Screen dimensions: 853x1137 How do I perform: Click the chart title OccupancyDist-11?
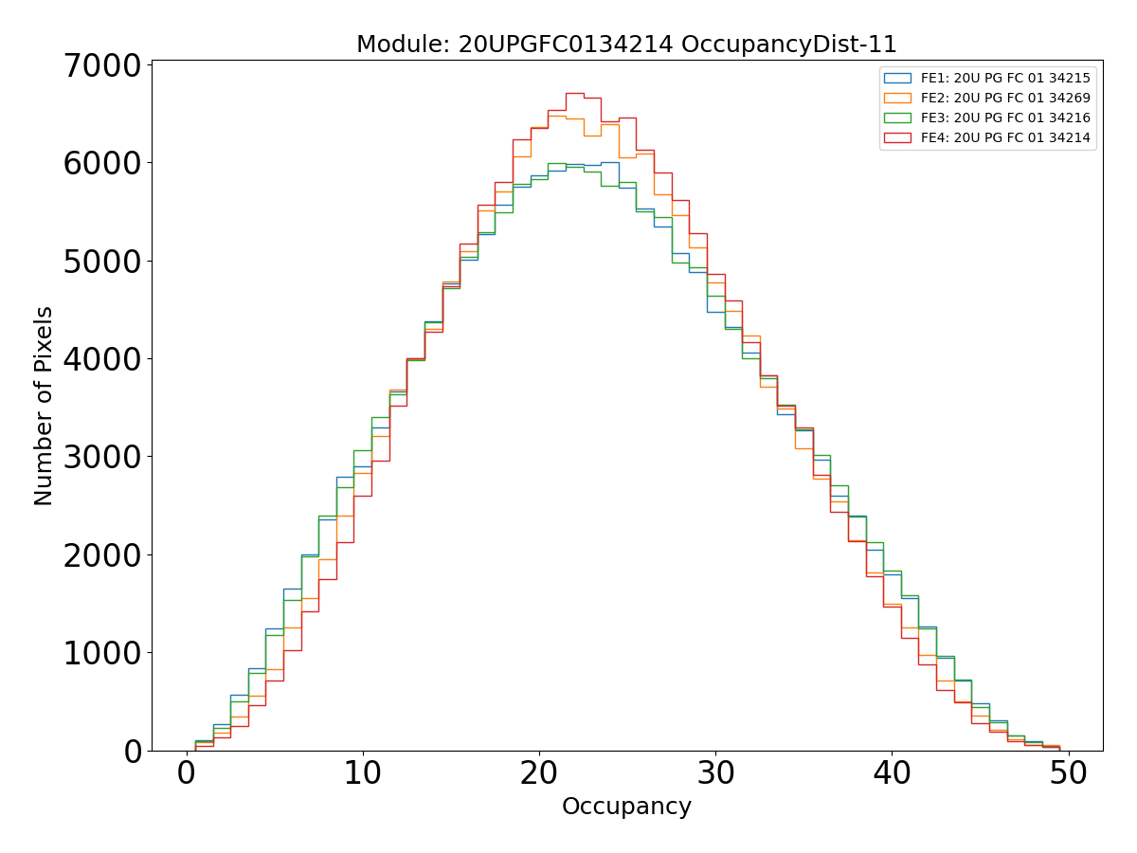[x=626, y=45]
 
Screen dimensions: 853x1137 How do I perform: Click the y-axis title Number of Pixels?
[x=44, y=406]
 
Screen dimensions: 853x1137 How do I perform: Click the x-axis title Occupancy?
[x=626, y=807]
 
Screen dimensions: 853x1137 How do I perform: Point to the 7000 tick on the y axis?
[x=102, y=65]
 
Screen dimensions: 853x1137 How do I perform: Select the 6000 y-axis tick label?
[x=102, y=163]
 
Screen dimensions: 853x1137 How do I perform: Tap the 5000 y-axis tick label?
[x=102, y=262]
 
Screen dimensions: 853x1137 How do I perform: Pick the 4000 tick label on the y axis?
[x=102, y=359]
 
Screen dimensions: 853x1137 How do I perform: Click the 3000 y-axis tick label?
[x=102, y=457]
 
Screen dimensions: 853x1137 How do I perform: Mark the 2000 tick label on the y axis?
[x=102, y=555]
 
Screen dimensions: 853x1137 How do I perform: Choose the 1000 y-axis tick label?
[x=102, y=653]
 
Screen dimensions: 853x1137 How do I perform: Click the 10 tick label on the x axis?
[x=363, y=774]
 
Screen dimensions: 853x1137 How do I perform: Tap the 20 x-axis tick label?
[x=539, y=774]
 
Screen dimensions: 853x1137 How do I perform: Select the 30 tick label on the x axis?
[x=715, y=774]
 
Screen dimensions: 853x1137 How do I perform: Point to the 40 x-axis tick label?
[x=892, y=774]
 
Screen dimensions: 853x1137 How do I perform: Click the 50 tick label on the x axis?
[x=1068, y=774]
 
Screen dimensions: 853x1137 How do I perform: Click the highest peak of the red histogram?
[x=574, y=93]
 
